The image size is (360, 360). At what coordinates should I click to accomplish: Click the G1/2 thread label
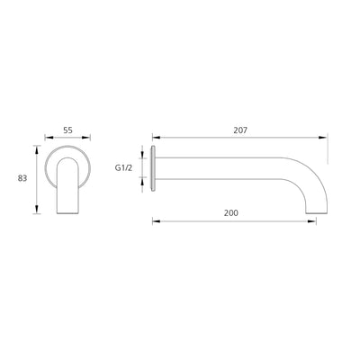(125, 167)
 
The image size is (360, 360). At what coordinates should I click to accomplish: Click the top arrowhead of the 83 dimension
(37, 143)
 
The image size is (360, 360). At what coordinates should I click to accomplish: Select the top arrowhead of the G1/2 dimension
(141, 150)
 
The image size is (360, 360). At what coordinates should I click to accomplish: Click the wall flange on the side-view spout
(157, 168)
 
